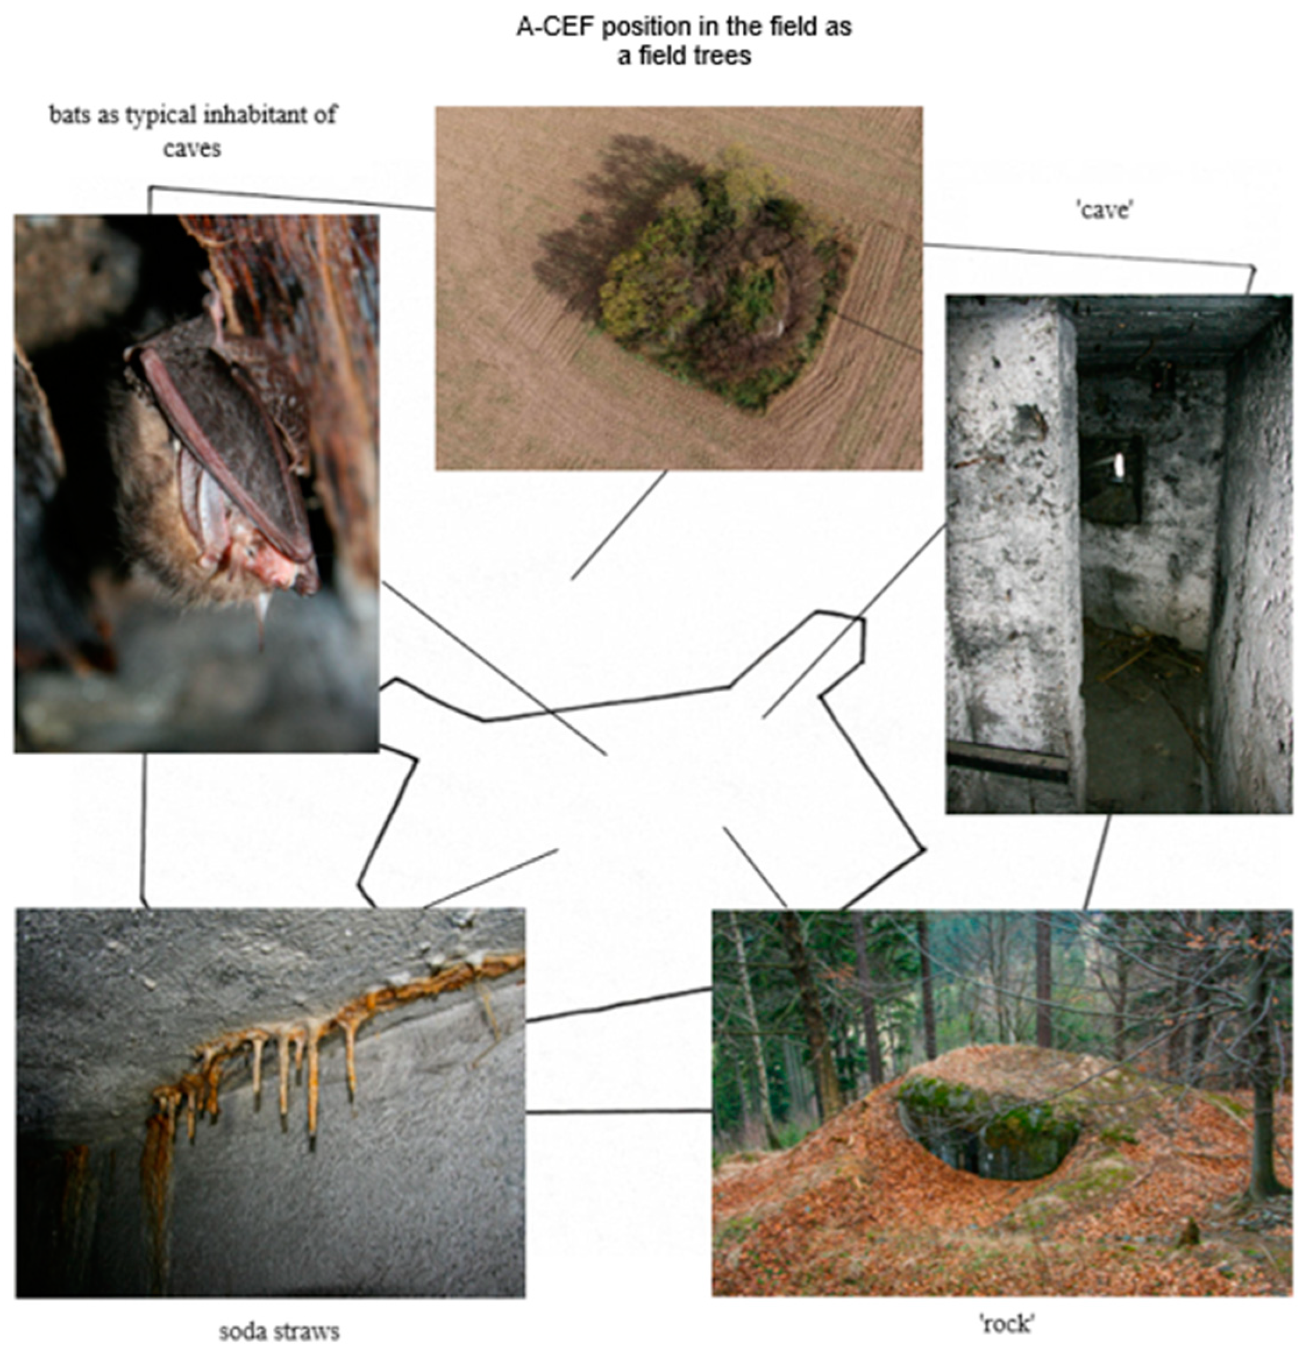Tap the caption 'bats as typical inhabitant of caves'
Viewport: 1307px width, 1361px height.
[193, 130]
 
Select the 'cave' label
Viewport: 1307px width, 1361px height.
[1103, 209]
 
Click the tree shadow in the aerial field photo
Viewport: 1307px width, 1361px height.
[597, 222]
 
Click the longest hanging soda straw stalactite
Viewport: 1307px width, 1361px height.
[313, 1083]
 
